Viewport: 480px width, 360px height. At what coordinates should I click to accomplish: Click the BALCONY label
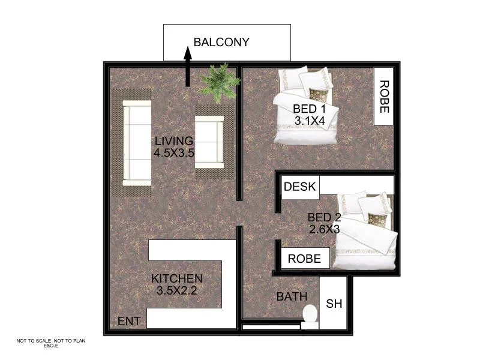[221, 42]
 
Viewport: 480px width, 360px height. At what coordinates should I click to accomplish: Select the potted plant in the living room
[220, 82]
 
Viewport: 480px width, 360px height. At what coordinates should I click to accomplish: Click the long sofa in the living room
[136, 143]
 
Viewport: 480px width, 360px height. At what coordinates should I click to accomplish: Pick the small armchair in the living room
[209, 141]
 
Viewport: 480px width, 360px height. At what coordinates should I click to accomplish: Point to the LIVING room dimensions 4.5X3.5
[174, 152]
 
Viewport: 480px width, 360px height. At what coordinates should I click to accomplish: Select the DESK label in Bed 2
[299, 187]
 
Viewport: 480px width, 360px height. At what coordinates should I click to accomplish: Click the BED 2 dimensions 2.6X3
[324, 229]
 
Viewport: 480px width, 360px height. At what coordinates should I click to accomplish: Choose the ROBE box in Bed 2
[305, 259]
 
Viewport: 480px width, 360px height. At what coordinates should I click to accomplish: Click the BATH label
[292, 296]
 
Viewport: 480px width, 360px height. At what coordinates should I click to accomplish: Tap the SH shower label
[334, 304]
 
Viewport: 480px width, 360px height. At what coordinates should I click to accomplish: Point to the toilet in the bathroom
[310, 316]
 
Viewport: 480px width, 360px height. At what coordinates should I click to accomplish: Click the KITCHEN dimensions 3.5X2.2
[176, 292]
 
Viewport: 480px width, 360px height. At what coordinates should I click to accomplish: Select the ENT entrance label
[129, 322]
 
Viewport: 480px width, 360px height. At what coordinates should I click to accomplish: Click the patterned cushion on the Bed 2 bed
[376, 218]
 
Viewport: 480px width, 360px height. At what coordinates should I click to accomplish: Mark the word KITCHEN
[176, 279]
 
